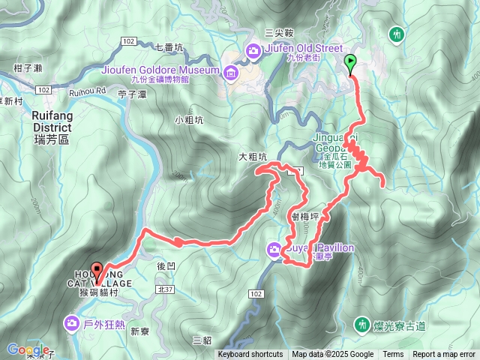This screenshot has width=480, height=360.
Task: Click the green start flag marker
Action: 350,63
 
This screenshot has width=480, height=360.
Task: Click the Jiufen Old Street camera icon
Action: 252,50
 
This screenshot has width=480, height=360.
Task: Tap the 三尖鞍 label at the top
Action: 277,33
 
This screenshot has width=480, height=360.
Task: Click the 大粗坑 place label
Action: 253,157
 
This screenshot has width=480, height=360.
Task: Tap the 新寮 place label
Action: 140,331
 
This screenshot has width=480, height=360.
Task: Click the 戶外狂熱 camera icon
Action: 71,323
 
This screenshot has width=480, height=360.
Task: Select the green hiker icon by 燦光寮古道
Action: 364,324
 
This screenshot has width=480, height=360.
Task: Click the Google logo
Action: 26,349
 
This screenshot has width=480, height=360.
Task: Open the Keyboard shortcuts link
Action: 250,355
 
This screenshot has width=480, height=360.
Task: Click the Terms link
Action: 393,355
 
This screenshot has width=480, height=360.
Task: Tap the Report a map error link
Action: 444,355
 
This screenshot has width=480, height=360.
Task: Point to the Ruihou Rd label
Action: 88,91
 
